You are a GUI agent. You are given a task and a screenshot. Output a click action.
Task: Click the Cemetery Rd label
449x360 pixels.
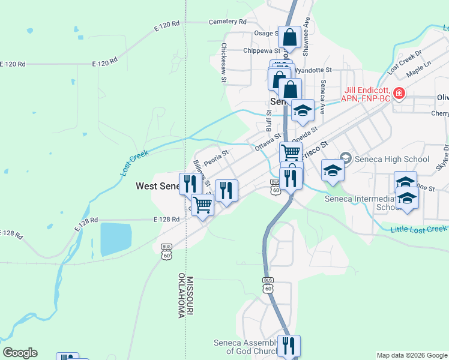(228, 22)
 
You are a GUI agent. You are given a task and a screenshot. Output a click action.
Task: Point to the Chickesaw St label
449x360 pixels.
(223, 62)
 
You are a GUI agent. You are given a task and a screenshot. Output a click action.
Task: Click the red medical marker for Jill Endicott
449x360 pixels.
(398, 94)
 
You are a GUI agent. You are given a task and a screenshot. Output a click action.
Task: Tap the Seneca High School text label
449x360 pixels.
(391, 159)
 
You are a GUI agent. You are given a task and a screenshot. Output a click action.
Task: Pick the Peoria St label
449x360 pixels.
(216, 158)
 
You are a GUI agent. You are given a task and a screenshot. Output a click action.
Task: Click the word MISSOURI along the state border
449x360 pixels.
(190, 295)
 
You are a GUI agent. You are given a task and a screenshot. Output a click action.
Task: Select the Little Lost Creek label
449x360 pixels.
(419, 229)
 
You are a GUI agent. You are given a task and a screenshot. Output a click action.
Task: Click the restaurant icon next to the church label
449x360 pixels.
(289, 346)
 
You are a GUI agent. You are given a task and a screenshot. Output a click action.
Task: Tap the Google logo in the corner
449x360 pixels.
(20, 353)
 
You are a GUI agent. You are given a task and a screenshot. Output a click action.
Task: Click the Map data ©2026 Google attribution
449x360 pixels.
(412, 355)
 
